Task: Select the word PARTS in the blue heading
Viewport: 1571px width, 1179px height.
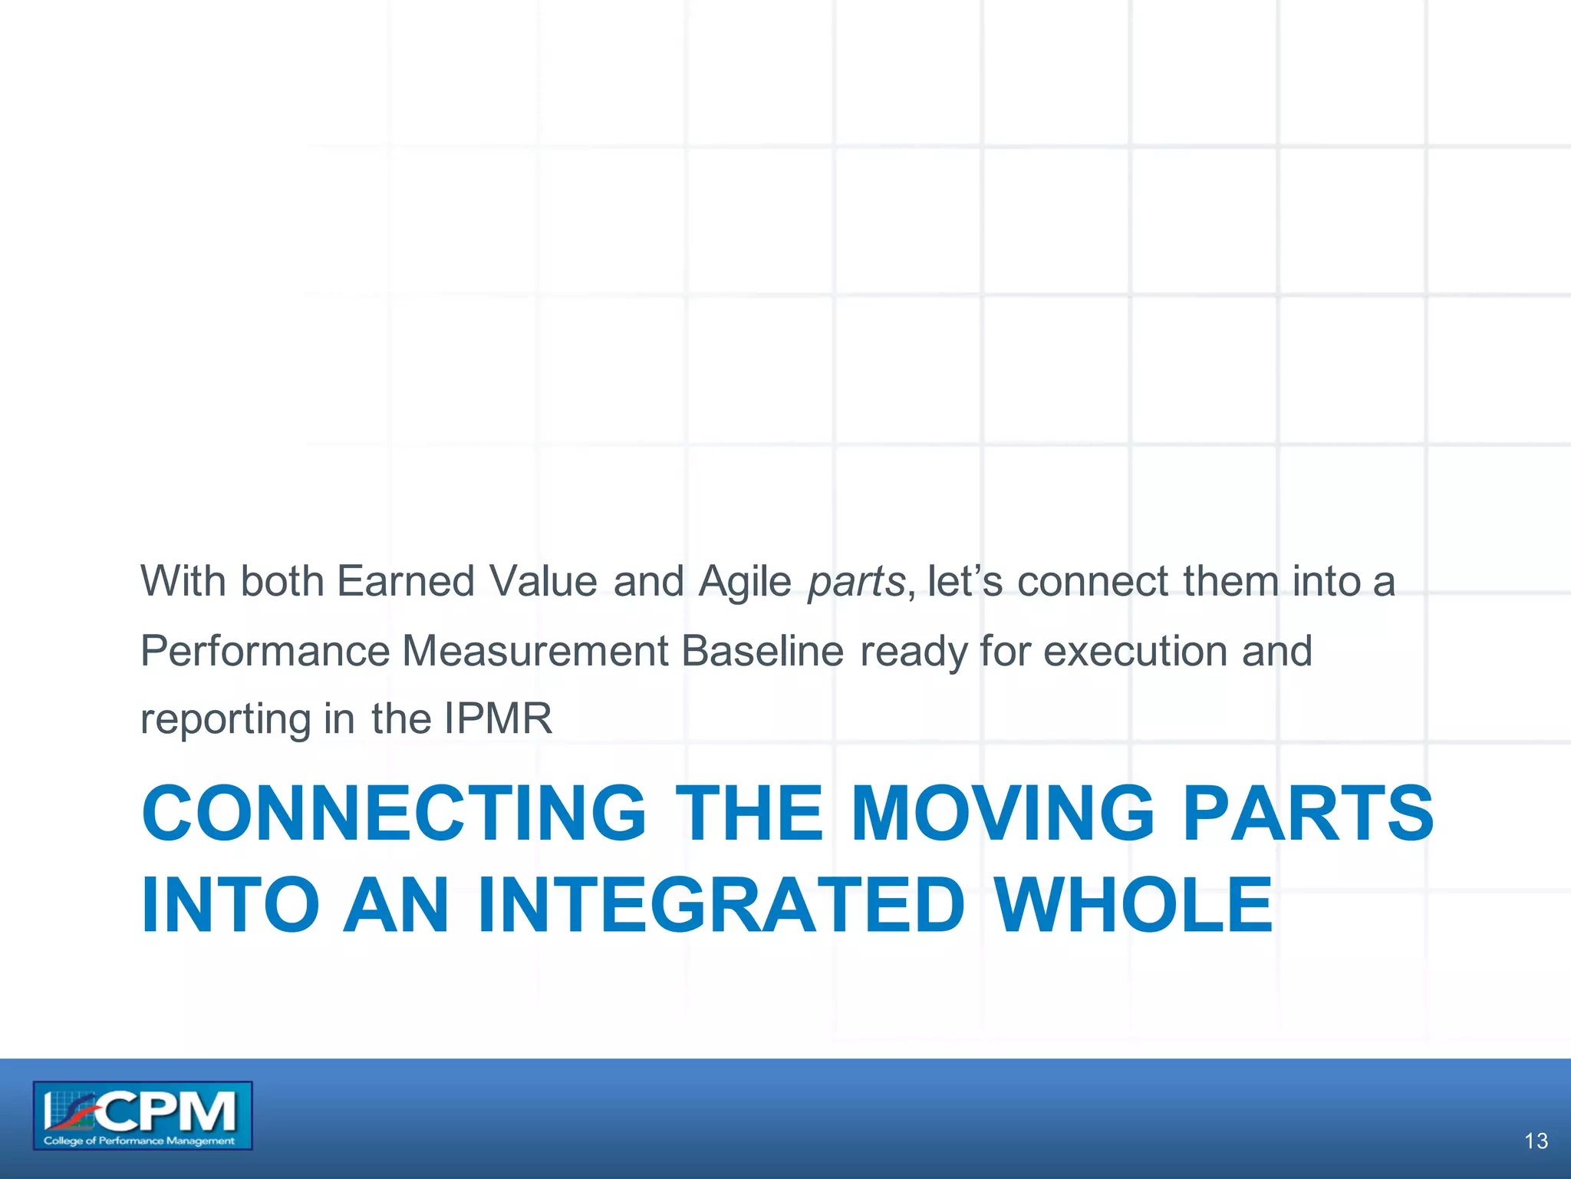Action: point(1307,813)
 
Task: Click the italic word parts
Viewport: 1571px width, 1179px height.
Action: point(856,582)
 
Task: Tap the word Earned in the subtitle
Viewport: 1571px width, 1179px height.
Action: point(405,580)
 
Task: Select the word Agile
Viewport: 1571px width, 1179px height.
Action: point(744,580)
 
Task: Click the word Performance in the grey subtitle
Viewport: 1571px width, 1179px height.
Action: point(265,651)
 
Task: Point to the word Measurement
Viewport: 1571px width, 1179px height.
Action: point(535,651)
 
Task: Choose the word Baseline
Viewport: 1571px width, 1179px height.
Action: point(762,651)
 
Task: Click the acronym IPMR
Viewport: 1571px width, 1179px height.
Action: point(498,719)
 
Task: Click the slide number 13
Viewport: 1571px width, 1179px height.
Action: point(1536,1141)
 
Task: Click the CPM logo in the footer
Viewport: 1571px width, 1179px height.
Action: point(143,1115)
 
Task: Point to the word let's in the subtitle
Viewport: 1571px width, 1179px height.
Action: point(964,580)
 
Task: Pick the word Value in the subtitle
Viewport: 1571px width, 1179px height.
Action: point(543,580)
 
